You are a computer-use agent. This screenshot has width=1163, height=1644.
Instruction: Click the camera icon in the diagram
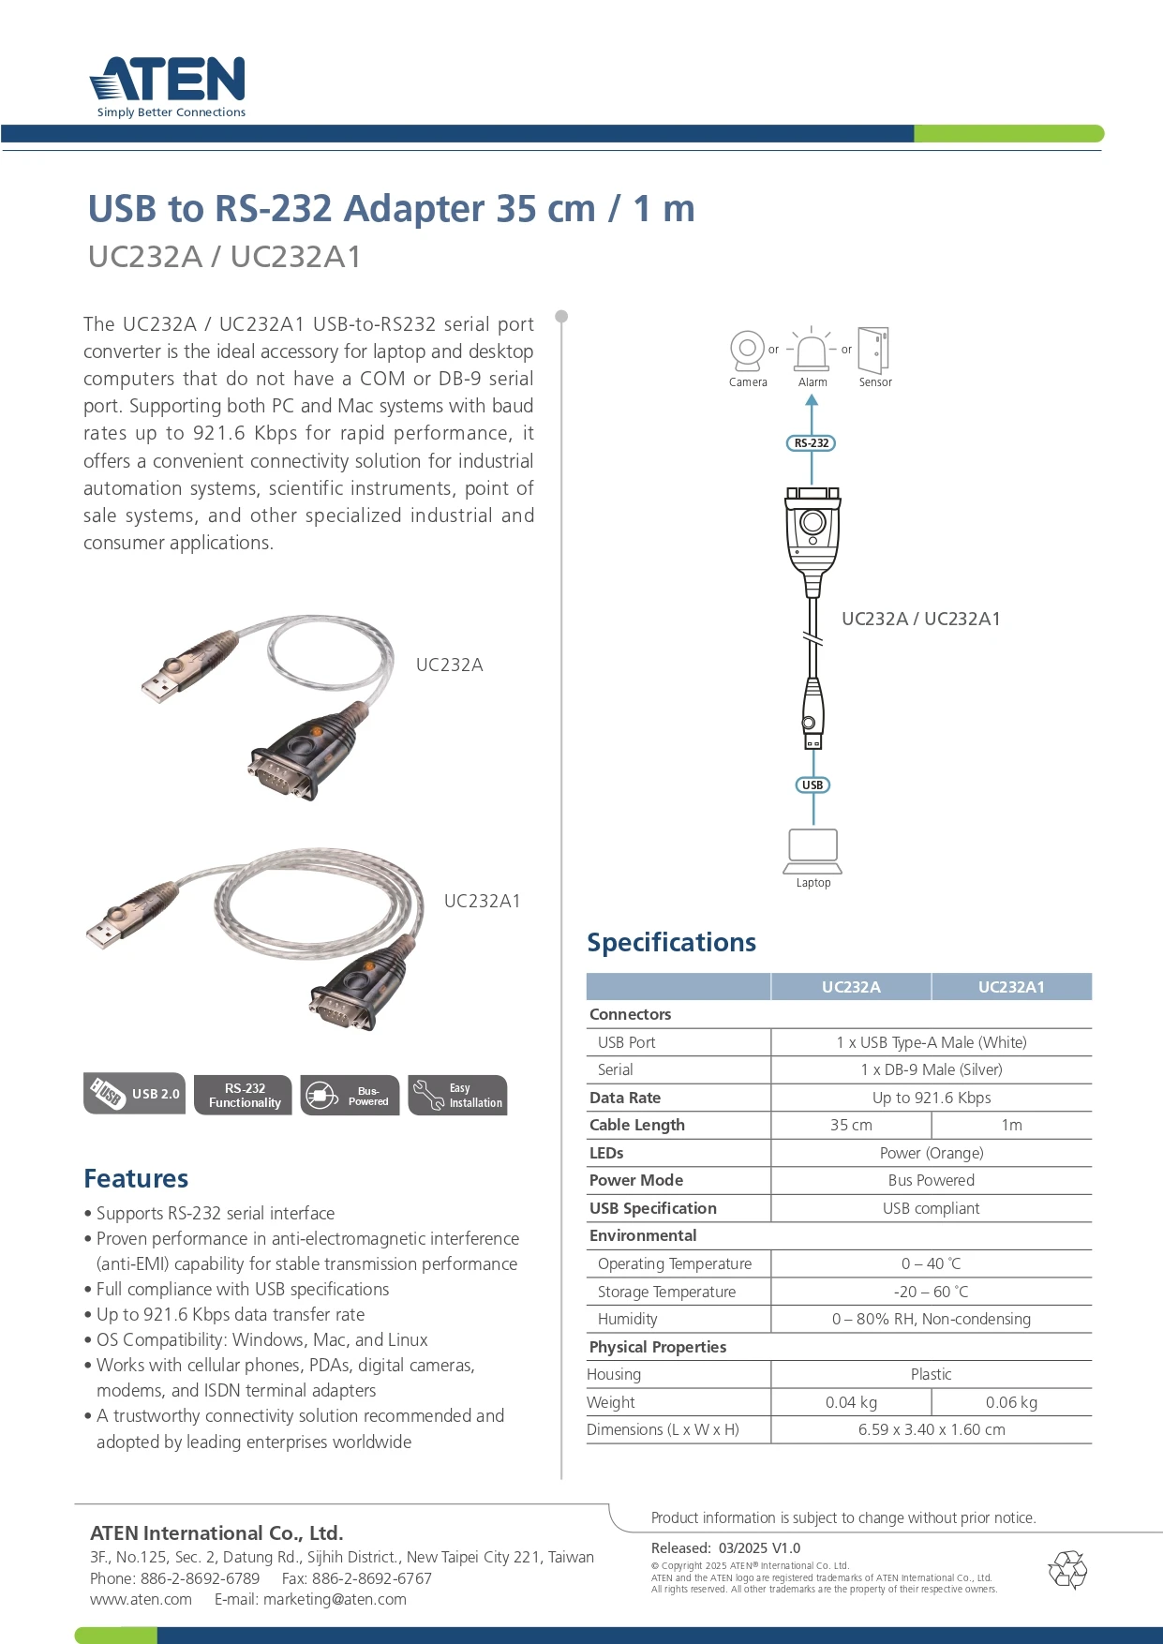pos(747,351)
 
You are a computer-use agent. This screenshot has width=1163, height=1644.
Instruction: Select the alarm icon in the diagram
pos(812,351)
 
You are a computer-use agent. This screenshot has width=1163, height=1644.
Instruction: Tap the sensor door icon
pos(873,351)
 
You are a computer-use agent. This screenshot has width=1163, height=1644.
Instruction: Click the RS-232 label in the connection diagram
pos(812,443)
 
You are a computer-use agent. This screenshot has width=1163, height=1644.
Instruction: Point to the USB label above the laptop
pos(813,785)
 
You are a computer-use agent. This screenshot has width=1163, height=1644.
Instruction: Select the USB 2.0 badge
pos(134,1094)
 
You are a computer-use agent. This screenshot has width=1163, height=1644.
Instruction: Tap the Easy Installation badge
pos(458,1095)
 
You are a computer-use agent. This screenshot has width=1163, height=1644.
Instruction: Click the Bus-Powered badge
pos(350,1095)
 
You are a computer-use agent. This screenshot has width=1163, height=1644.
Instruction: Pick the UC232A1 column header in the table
pos(1011,987)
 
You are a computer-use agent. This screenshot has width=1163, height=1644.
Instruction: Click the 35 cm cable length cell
pos(851,1125)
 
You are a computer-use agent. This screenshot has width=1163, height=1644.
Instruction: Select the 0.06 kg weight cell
pos(1011,1402)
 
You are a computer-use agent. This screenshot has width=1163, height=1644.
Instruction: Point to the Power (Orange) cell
pos(931,1153)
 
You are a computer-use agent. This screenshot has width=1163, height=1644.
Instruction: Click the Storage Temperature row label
pos(666,1292)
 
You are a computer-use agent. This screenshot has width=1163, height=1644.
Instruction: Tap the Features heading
pos(136,1178)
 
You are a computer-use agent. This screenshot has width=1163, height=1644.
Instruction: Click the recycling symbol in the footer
pos(1067,1570)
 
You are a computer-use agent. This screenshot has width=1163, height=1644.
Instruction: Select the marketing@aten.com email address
pos(335,1599)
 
